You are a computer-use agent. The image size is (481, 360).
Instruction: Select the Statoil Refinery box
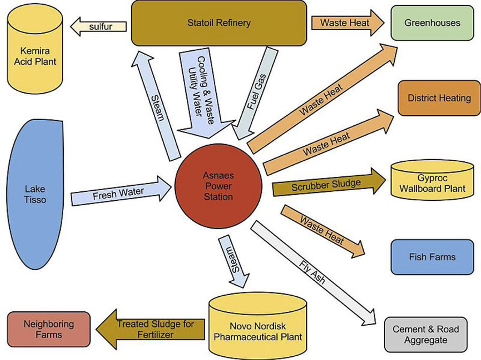coord(219,23)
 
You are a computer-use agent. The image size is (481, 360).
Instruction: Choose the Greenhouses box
coord(432,24)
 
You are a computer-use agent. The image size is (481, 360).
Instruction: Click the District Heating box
coord(439,98)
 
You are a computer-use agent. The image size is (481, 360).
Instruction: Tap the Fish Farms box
coord(432,257)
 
